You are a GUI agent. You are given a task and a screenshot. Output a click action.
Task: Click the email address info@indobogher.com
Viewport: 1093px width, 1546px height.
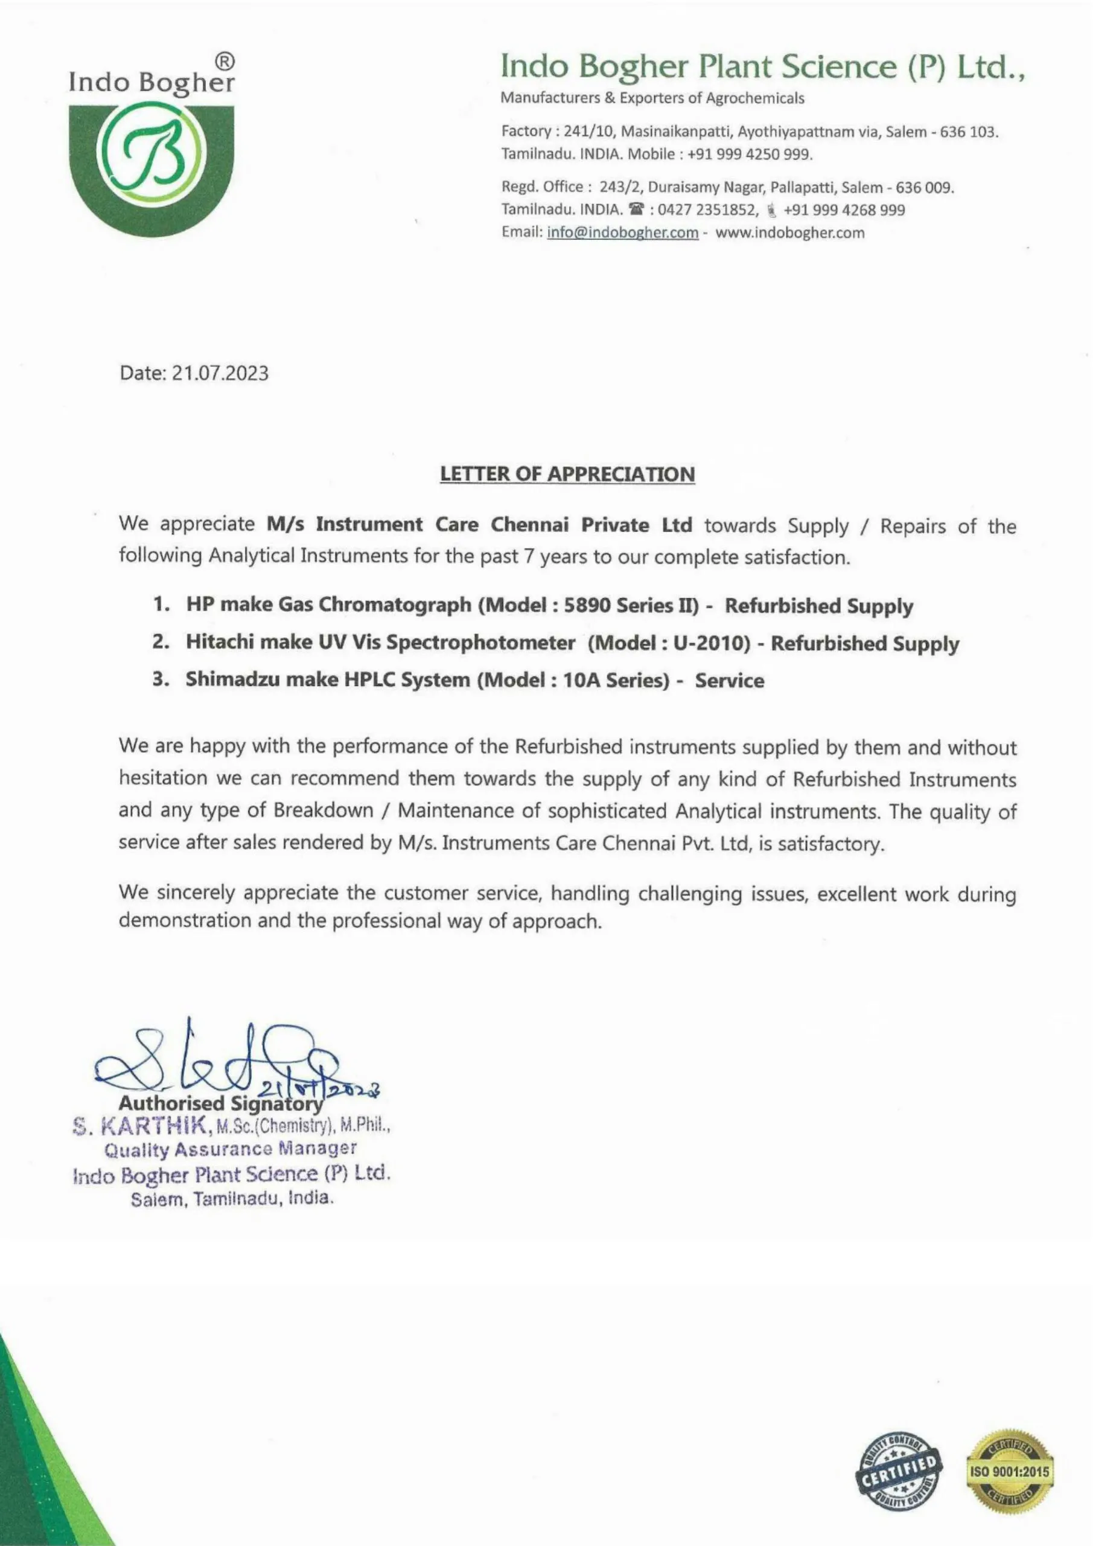(x=623, y=233)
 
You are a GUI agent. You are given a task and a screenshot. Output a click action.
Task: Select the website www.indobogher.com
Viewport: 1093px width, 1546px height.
(x=789, y=233)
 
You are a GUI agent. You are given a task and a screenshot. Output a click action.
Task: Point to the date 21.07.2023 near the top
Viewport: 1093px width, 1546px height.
(x=220, y=373)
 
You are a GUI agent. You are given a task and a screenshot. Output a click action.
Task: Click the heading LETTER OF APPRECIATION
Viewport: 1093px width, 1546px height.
(x=567, y=474)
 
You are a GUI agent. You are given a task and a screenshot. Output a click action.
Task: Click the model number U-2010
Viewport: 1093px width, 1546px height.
(x=712, y=643)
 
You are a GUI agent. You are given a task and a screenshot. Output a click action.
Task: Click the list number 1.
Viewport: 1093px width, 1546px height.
(x=160, y=605)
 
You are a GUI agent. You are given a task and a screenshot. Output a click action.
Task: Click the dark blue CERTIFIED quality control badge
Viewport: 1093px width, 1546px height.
(x=899, y=1472)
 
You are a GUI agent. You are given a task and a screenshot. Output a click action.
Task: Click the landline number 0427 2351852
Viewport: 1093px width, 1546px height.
(x=707, y=210)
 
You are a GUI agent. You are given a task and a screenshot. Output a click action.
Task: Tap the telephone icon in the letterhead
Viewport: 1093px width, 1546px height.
(x=635, y=210)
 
